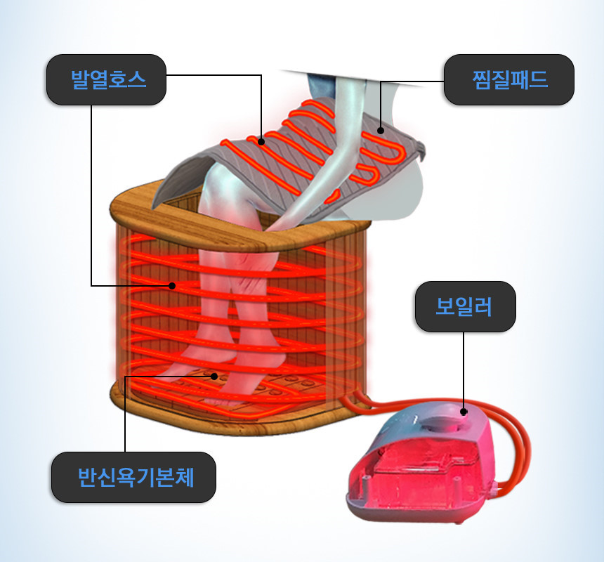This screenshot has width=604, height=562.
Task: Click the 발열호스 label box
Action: [x=106, y=79]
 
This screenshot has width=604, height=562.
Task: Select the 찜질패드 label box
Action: [x=509, y=79]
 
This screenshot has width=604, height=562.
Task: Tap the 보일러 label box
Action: [x=465, y=307]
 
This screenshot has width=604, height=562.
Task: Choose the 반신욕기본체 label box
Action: [x=133, y=477]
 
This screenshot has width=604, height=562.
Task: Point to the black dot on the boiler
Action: [x=464, y=412]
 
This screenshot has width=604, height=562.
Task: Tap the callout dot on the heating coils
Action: [x=172, y=285]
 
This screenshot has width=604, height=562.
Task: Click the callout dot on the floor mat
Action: [x=214, y=376]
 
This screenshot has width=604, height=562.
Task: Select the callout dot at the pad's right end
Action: [x=381, y=129]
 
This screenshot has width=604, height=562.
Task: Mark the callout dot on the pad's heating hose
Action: [x=261, y=141]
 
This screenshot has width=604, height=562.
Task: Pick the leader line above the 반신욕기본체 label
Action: [x=125, y=414]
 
